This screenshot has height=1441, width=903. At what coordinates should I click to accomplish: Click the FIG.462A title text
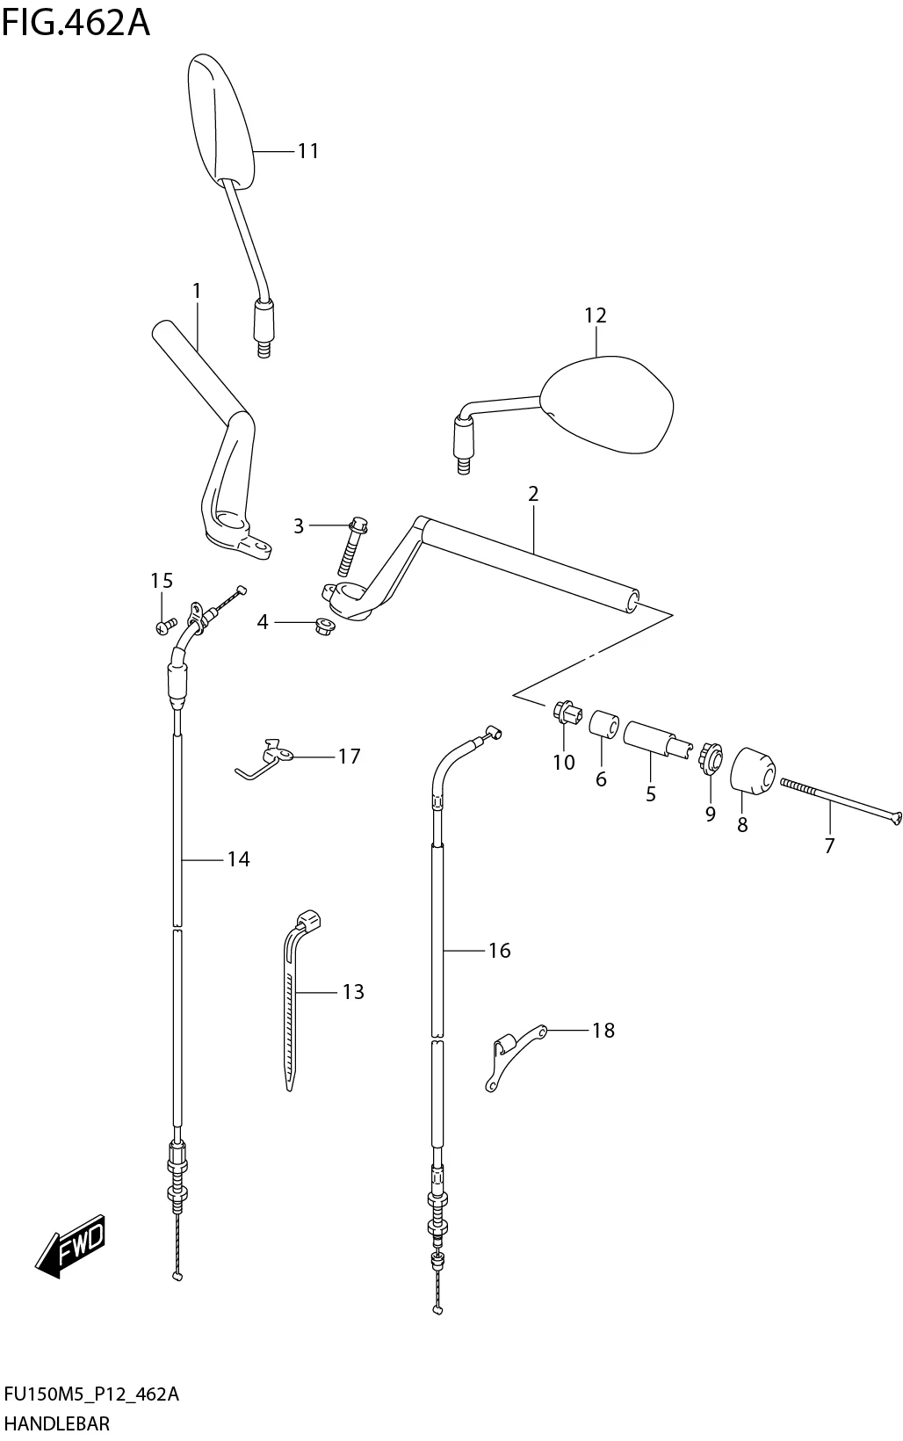[76, 23]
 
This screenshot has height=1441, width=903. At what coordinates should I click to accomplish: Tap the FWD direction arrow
[70, 1245]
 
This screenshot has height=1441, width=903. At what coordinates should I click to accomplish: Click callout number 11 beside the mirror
[307, 151]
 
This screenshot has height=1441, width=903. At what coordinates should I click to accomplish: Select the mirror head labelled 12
[608, 405]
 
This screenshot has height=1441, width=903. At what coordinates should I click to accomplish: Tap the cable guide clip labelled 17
[268, 756]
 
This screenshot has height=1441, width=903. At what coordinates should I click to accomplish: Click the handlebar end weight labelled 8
[752, 771]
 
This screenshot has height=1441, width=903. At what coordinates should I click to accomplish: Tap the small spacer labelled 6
[603, 726]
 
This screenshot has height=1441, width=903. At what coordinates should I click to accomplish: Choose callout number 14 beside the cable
[239, 859]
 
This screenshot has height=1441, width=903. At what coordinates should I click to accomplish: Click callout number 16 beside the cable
[499, 950]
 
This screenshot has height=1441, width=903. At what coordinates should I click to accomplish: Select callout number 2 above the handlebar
[532, 494]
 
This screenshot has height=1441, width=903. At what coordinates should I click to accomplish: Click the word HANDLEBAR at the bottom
[57, 1423]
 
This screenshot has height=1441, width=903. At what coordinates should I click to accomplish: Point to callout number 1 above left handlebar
[197, 290]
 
